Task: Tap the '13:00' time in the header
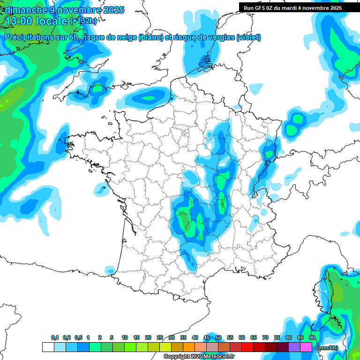click(x=21, y=21)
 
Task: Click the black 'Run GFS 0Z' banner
click(x=299, y=8)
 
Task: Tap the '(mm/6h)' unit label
click(x=327, y=348)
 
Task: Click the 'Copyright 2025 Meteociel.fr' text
click(x=199, y=357)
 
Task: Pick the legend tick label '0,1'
click(x=55, y=337)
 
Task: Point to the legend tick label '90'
click(x=312, y=337)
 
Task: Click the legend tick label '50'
click(x=218, y=337)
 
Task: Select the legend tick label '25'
click(x=160, y=337)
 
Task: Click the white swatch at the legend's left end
click(x=48, y=347)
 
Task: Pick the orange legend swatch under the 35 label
click(x=189, y=347)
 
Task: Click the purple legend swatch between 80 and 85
click(x=294, y=347)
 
